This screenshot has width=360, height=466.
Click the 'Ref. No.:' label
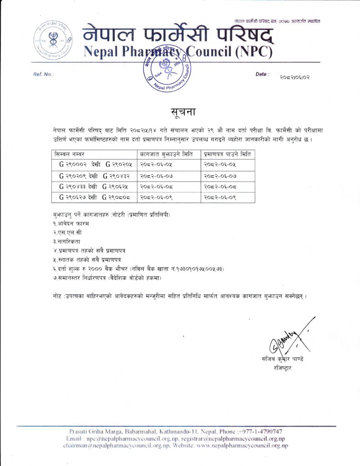44,74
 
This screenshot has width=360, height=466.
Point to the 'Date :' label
263,74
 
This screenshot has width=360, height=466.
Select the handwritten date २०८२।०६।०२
295,77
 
